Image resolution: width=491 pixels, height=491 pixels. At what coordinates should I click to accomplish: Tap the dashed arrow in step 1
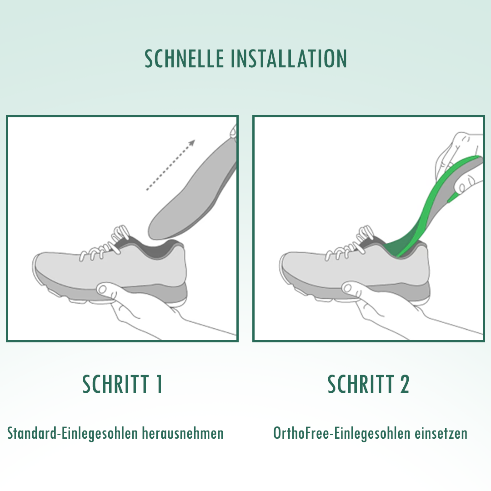[x=170, y=165]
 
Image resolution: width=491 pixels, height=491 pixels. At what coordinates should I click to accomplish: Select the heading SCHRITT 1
[x=122, y=384]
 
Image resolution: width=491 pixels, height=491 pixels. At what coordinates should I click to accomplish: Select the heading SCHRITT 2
[x=368, y=384]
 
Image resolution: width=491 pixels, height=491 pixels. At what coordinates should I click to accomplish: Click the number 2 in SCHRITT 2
[x=404, y=384]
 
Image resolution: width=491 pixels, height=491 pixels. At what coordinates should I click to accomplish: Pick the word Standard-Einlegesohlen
[x=72, y=433]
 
